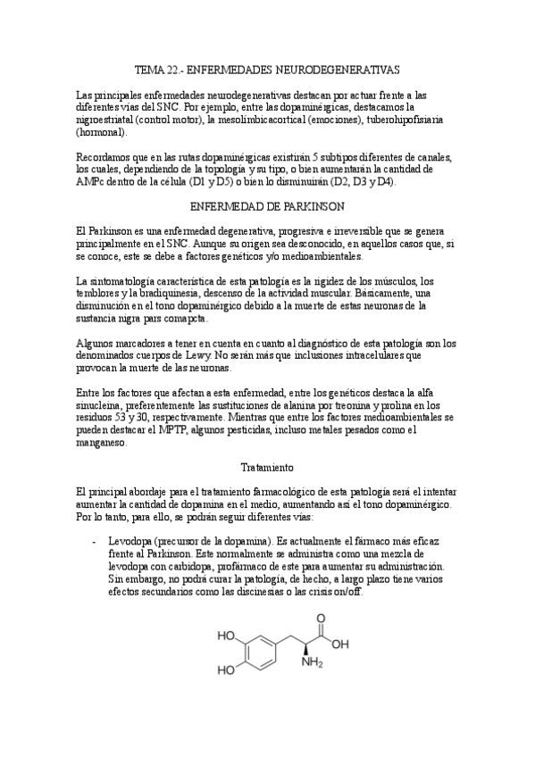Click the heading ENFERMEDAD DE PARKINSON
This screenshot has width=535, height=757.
click(x=268, y=205)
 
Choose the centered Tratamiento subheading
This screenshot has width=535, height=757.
click(x=268, y=466)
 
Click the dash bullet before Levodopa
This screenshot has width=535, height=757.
click(x=94, y=542)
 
